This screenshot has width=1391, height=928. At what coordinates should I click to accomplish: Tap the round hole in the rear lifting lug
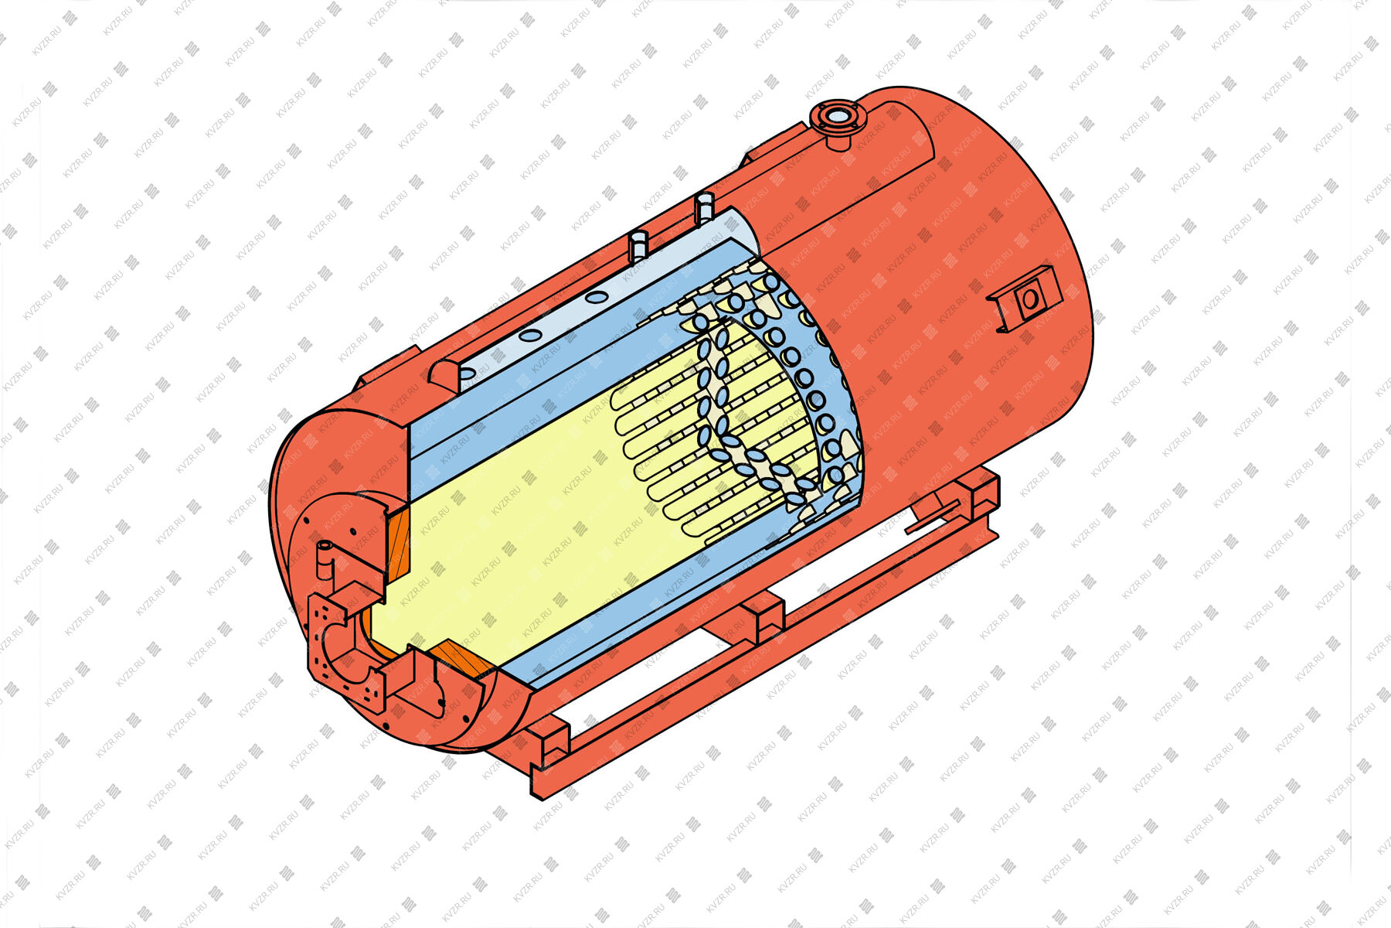coord(1029,299)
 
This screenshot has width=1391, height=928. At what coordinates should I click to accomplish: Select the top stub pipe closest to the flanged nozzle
coord(704,209)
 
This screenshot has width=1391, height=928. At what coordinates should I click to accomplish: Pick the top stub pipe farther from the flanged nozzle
coord(641,245)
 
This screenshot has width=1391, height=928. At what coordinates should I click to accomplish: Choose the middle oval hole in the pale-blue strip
coord(530,336)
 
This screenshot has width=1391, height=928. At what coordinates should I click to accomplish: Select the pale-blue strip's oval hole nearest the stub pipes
coord(596,297)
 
